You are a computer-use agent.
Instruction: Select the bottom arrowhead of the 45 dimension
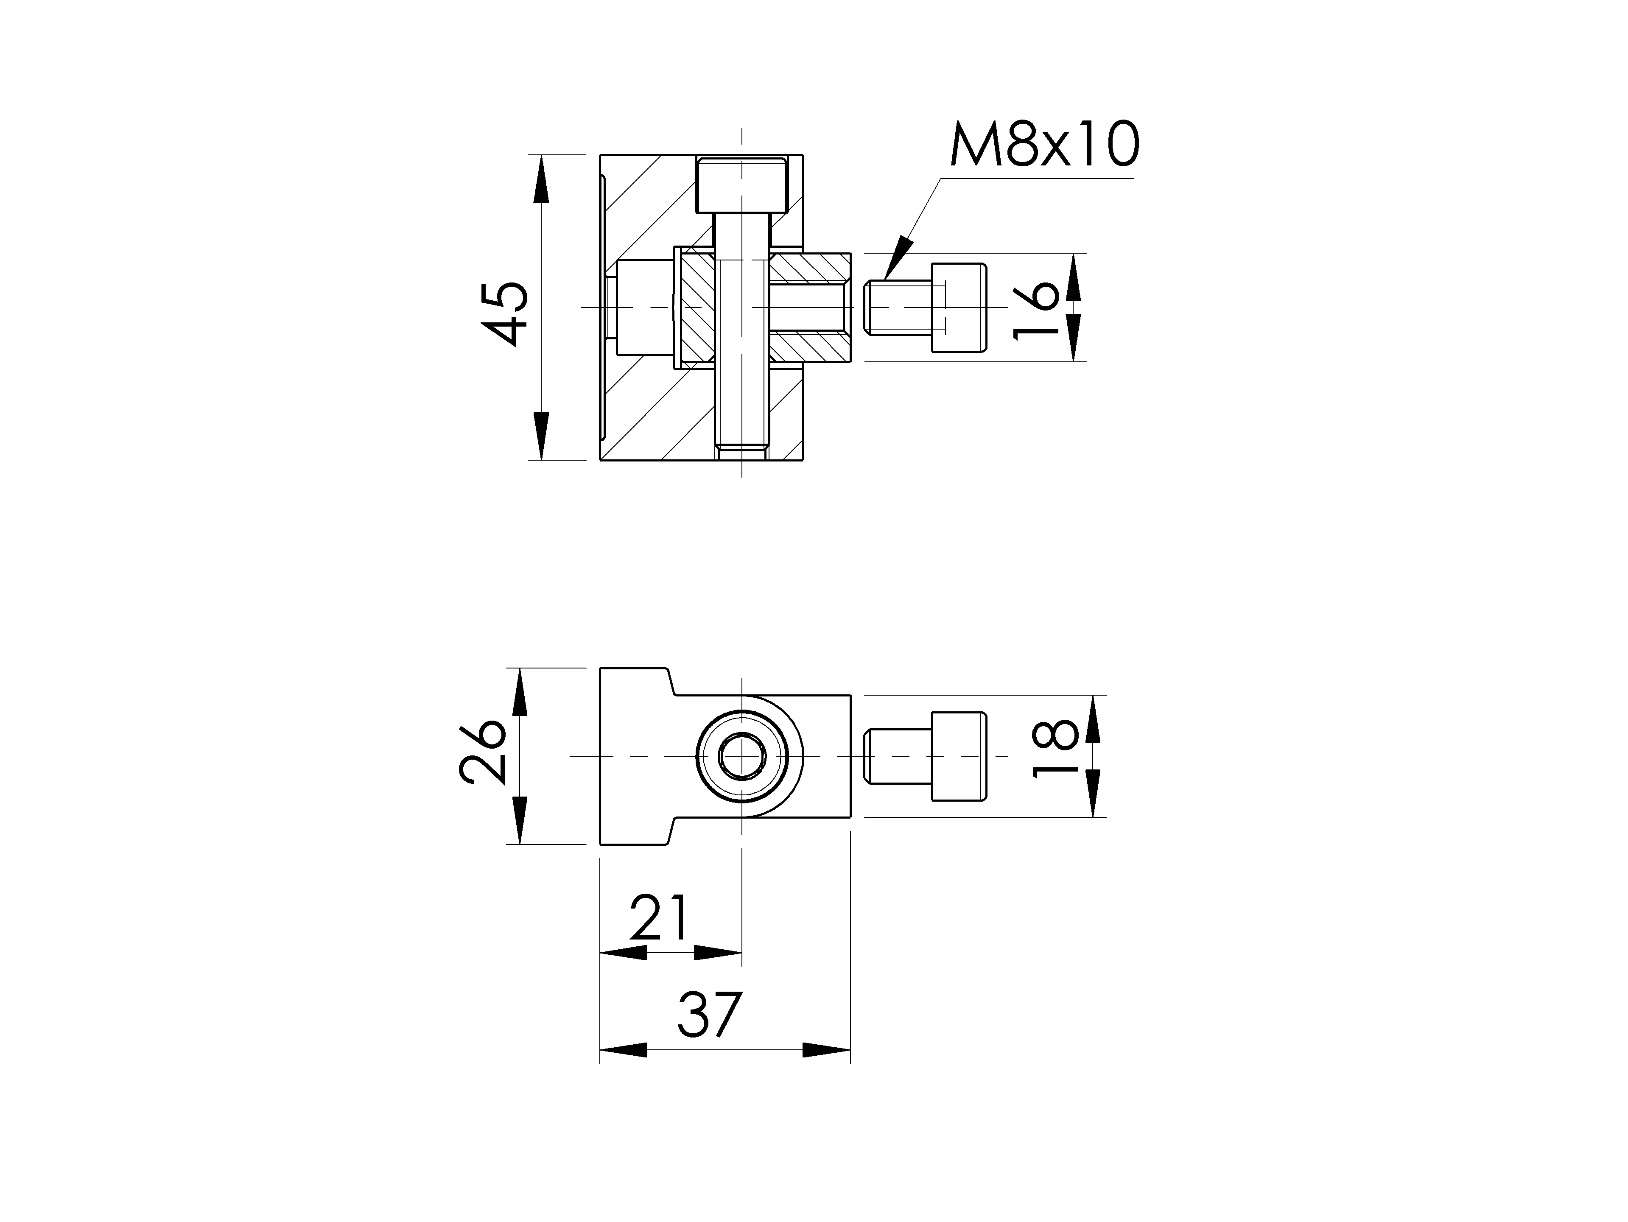[540, 436]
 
